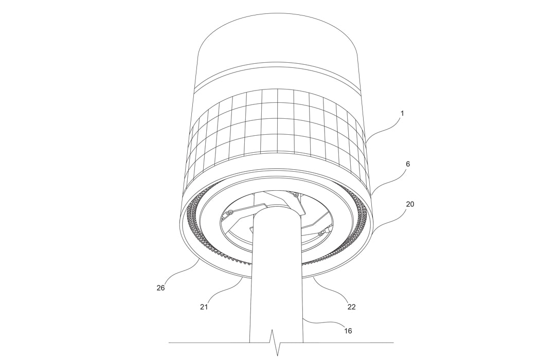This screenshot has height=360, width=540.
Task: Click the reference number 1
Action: (x=402, y=113)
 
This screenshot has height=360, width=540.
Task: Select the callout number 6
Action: (x=408, y=164)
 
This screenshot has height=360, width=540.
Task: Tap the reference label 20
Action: (x=410, y=204)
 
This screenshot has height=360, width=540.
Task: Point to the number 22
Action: (x=351, y=307)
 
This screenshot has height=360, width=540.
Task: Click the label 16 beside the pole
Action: (x=348, y=331)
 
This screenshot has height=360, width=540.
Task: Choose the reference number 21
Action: (x=205, y=307)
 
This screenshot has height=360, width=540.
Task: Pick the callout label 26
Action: (x=160, y=288)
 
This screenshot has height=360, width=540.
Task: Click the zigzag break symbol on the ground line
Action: (x=276, y=344)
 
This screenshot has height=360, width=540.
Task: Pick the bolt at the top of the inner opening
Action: (x=295, y=194)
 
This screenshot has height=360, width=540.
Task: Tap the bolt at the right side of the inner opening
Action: (x=320, y=234)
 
